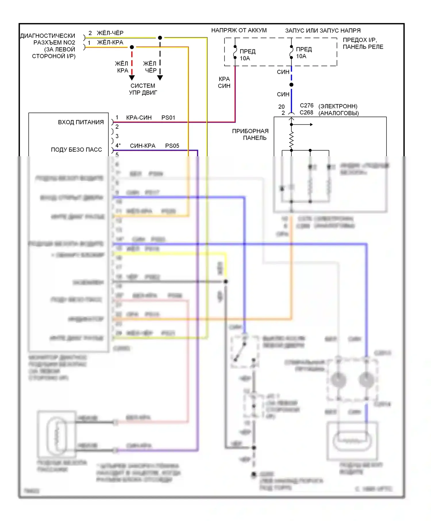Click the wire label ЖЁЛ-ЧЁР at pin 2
point(110,33)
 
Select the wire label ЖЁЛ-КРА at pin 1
point(110,43)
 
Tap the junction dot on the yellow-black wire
point(160,38)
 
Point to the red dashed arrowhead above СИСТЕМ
point(132,78)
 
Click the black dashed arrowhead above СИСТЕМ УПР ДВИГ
point(160,78)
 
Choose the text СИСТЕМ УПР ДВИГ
point(143,89)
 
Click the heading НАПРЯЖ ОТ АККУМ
point(239,30)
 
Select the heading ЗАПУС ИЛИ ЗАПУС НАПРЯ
point(323,30)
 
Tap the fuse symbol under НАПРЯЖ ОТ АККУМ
point(235,52)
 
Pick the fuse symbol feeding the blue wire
point(291,52)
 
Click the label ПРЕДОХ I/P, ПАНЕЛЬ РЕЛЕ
point(363,43)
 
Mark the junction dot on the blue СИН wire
point(291,85)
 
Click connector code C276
point(307,106)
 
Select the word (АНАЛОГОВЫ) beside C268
point(338,113)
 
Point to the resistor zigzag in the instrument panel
point(291,140)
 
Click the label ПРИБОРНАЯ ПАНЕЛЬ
point(250,134)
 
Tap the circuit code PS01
point(168,118)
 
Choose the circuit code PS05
point(172,146)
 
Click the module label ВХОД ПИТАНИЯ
point(81,122)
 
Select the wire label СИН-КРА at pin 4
point(143,146)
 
